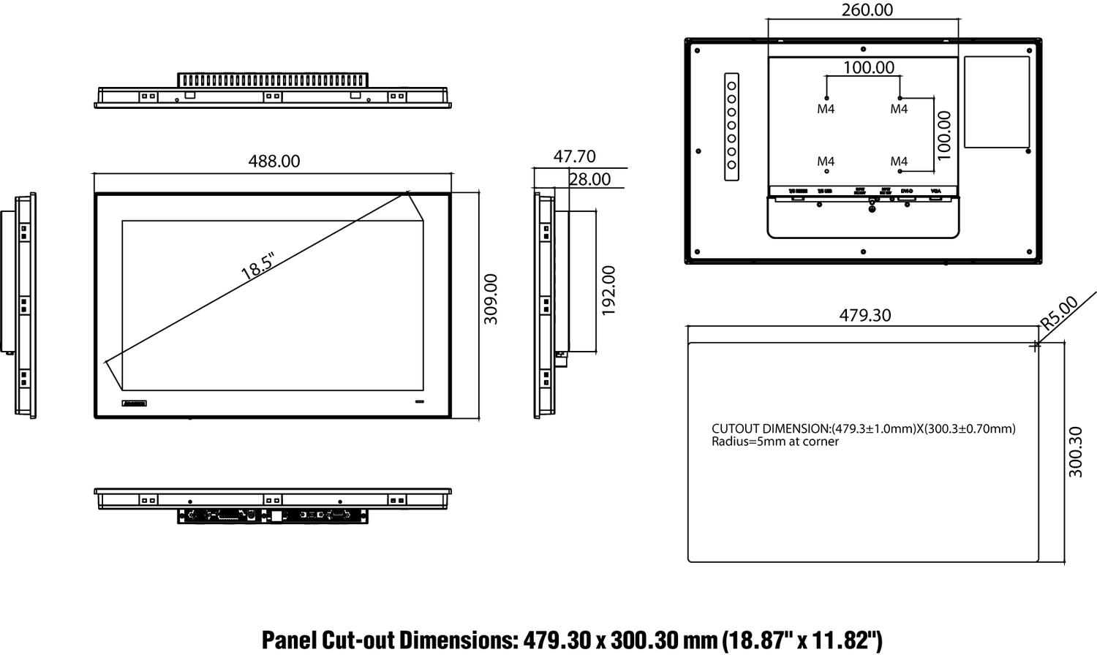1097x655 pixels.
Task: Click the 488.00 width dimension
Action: click(x=274, y=161)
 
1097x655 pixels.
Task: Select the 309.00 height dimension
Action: click(x=491, y=299)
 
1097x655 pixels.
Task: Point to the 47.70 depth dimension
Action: click(x=574, y=156)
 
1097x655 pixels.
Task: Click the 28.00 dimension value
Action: click(x=589, y=179)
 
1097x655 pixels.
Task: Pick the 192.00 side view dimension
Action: click(x=608, y=290)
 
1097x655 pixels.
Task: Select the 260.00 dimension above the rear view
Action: click(x=867, y=10)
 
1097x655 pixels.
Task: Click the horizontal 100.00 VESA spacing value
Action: click(x=868, y=67)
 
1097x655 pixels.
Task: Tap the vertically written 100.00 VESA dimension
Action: click(x=944, y=135)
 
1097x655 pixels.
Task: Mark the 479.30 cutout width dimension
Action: click(x=864, y=315)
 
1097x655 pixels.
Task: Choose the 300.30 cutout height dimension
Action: click(x=1076, y=453)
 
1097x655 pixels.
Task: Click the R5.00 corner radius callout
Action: click(x=1059, y=311)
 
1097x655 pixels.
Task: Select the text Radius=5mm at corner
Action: click(x=775, y=442)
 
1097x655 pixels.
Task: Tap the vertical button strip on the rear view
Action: click(x=731, y=126)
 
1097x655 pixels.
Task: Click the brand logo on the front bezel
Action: click(x=135, y=403)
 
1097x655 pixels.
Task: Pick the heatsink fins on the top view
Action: click(x=273, y=80)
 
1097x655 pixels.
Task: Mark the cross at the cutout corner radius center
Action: click(x=1034, y=346)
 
